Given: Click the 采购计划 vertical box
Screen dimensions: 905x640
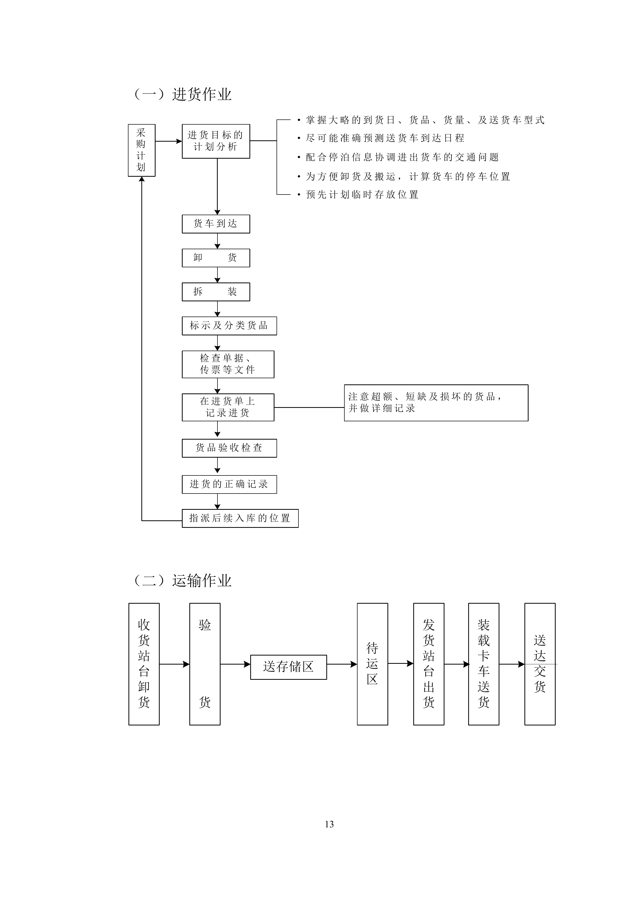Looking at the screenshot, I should pos(141,150).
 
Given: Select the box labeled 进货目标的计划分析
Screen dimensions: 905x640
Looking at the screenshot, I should pos(216,141).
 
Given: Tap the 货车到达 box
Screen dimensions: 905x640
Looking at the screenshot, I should pos(216,224).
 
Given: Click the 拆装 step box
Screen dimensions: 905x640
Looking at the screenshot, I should pos(216,292).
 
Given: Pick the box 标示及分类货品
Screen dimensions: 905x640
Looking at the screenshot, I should pos(229,326).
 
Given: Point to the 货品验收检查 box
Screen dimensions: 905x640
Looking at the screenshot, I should pos(229,448).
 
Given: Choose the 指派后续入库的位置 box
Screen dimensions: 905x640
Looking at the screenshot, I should pos(240,518).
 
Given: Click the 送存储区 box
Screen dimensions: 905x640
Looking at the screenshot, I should pos(288,667).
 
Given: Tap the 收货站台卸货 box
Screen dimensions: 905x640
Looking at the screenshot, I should pos(144,664).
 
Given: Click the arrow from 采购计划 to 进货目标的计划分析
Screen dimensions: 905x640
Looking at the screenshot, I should pos(168,141).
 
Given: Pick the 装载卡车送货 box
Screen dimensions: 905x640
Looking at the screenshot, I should pos(483,664).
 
